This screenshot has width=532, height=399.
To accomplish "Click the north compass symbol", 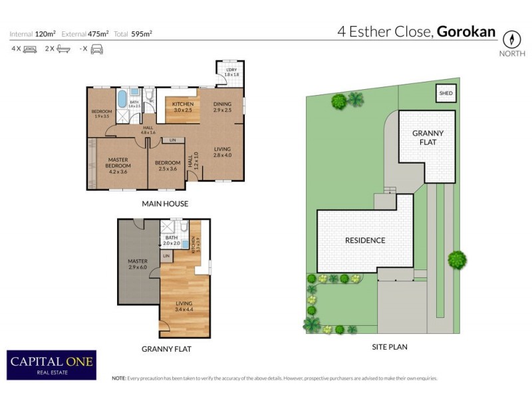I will tap(510, 39).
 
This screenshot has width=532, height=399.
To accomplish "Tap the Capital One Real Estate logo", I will tap(51, 364).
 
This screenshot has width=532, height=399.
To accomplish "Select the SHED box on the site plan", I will tap(446, 94).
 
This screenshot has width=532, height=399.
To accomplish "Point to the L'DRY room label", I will tap(231, 72).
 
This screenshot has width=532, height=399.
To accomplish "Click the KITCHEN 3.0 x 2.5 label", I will tap(183, 107).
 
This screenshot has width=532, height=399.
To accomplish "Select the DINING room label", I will tap(222, 106).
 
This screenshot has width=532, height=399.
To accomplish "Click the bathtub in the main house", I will tap(121, 100).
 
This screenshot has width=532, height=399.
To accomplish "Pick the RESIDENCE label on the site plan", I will tap(364, 240).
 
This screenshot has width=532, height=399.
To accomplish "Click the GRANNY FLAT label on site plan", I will tap(428, 138).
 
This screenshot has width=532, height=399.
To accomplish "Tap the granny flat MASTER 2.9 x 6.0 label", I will tap(138, 264).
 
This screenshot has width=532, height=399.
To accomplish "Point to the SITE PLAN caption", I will tap(390, 346).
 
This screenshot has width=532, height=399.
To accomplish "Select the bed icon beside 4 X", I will tap(30, 49).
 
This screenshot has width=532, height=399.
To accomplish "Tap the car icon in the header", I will tap(96, 49).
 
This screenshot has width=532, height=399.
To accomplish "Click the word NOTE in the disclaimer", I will tap(118, 378).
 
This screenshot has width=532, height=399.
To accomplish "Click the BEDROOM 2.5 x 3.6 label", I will tap(168, 166).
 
